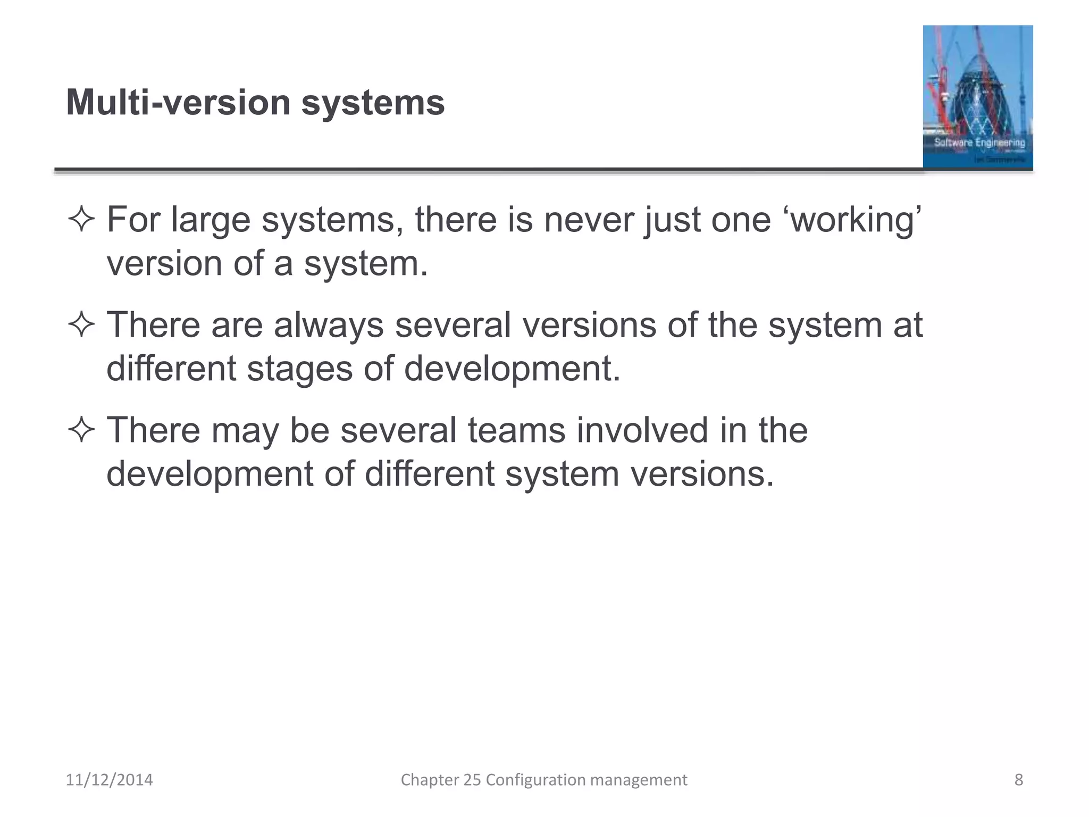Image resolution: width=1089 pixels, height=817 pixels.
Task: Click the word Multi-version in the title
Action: (178, 102)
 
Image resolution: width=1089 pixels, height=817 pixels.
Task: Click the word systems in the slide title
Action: (373, 102)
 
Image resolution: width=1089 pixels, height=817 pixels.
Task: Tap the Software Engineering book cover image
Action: (977, 97)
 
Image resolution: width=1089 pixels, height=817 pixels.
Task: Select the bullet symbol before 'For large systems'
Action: (81, 220)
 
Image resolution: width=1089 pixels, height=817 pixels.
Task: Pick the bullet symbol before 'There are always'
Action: (81, 326)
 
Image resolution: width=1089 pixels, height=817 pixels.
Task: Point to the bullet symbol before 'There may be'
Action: (81, 430)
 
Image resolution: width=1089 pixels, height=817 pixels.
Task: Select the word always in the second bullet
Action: (329, 326)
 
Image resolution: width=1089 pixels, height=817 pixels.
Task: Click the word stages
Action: (299, 369)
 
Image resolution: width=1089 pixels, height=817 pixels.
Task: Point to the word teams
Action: (516, 430)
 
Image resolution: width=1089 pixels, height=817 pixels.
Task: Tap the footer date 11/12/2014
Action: (109, 780)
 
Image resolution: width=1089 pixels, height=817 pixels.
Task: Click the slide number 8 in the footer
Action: (1019, 780)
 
